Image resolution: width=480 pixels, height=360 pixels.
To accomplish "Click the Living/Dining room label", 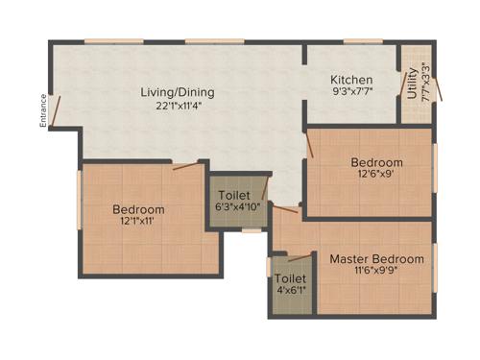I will (178, 93).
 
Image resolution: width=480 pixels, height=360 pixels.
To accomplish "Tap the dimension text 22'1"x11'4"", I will (178, 107).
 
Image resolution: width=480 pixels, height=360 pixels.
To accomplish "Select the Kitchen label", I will (351, 80).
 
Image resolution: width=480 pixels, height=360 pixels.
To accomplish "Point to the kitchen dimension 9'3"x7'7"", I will (351, 93).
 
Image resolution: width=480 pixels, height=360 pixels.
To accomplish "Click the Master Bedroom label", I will (376, 259).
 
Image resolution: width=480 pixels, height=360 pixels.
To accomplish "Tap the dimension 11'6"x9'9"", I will (376, 273).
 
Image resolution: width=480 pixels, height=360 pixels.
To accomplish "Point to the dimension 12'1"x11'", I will (138, 223).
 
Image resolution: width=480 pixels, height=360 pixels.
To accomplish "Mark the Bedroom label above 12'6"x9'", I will (376, 162).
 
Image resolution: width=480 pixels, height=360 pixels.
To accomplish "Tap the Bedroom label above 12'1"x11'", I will (138, 209).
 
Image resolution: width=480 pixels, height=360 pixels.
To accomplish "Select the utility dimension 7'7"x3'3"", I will (424, 83).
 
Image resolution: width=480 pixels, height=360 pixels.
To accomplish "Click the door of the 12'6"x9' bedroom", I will (310, 147).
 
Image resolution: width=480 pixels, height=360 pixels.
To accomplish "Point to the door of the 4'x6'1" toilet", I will (300, 256).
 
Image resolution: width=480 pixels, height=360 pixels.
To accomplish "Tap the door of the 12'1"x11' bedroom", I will (186, 166).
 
